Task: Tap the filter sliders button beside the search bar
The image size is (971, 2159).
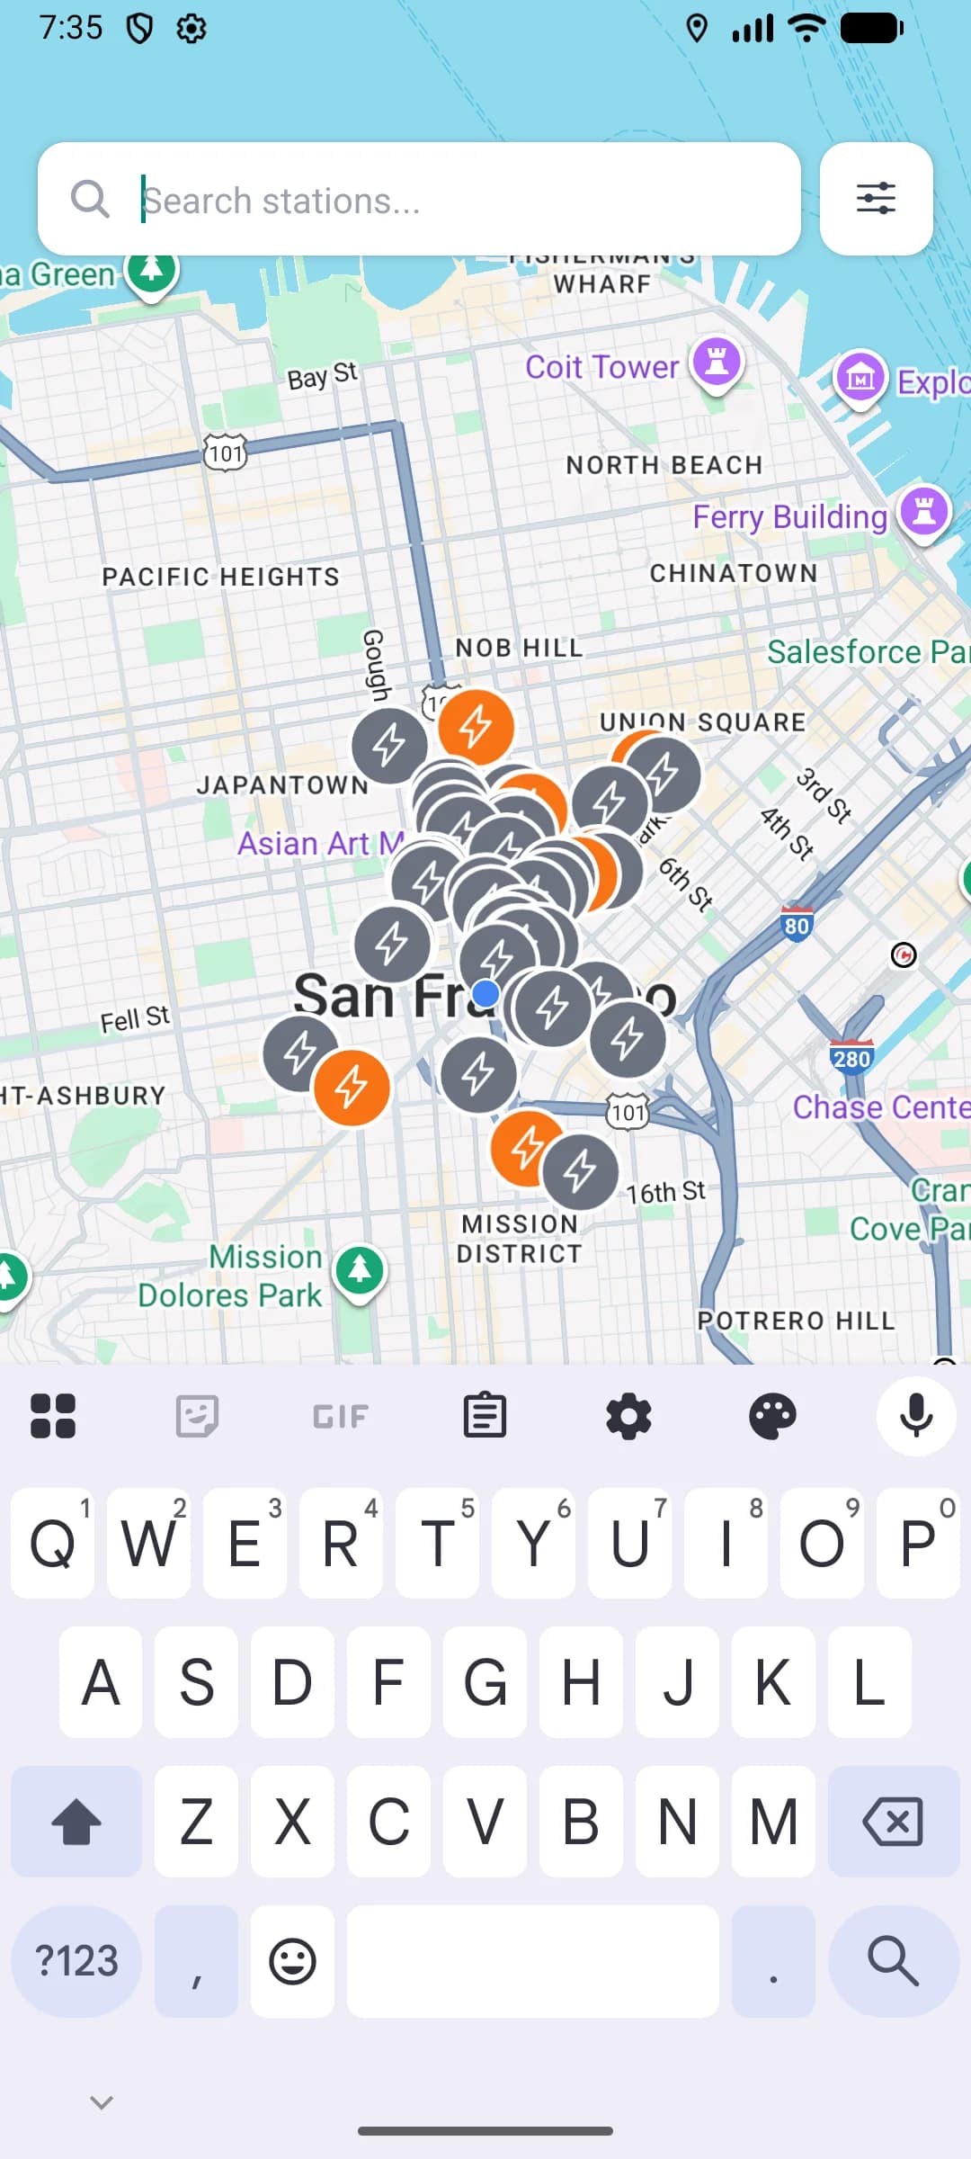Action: pos(876,198)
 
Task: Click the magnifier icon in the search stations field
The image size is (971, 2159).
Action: pos(90,199)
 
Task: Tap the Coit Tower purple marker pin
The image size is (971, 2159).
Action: pos(717,363)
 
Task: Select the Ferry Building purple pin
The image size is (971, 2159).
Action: pos(925,513)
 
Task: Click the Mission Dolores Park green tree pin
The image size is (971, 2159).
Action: pos(360,1269)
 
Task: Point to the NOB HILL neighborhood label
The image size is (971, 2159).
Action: pos(519,648)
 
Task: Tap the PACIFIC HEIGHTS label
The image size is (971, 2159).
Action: pos(220,577)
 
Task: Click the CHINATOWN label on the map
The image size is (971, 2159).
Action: pos(734,573)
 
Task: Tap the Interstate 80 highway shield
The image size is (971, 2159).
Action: pos(797,925)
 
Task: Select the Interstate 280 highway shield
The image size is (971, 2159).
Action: pos(851,1058)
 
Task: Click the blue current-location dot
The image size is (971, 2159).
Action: pos(486,993)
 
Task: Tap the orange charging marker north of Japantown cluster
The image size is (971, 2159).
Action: pos(477,726)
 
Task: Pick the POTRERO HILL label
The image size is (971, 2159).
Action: pos(797,1321)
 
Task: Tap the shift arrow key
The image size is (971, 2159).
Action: pos(76,1822)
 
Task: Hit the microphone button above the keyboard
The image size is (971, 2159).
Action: pos(915,1416)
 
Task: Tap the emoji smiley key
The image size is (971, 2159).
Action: pos(292,1962)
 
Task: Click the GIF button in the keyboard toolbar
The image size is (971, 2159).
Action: pos(341,1417)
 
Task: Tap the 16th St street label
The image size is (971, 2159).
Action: pos(666,1192)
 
